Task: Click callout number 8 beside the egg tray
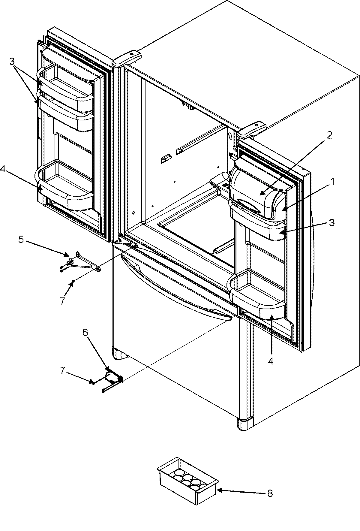(270, 493)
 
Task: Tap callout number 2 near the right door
(329, 135)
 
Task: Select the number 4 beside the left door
(3, 170)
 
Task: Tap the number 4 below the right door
(271, 362)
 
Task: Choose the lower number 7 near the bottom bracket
(62, 371)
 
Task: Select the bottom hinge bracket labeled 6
(114, 379)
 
